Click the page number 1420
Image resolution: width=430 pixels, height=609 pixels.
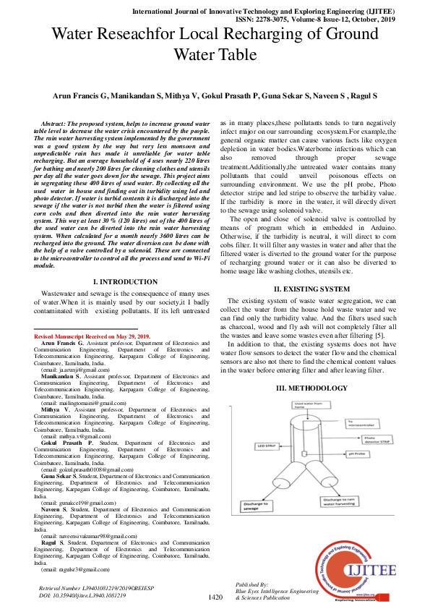(x=215, y=597)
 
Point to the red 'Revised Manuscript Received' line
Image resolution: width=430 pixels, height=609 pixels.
(x=92, y=337)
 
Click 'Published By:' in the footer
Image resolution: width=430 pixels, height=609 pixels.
(x=252, y=584)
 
